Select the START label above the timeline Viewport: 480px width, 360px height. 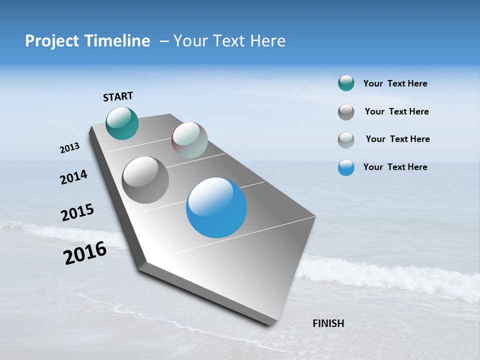118,96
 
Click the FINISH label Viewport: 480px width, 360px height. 328,323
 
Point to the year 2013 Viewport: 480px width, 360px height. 69,148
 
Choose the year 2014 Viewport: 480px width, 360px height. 73,177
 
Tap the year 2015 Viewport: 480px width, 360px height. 77,212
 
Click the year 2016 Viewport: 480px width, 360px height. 85,253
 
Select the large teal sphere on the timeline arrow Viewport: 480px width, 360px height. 122,123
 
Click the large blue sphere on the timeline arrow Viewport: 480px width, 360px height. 216,207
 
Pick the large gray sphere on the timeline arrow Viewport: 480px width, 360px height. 145,180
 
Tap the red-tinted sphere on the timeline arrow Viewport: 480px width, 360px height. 189,140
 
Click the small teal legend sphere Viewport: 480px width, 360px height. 346,83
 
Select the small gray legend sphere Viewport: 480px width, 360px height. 346,112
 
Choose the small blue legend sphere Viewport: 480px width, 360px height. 346,167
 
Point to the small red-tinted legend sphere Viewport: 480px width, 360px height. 346,140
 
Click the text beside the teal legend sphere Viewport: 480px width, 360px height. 395,84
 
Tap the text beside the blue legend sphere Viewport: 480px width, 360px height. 395,167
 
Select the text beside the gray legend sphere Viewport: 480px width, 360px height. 396,111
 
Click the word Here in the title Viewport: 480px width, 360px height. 267,41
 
